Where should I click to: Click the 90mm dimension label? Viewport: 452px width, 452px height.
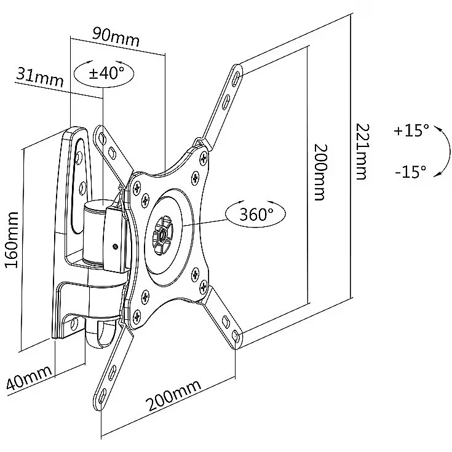click(x=116, y=37)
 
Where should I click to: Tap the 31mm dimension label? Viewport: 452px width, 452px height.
click(x=40, y=77)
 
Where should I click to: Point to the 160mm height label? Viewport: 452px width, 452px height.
click(x=12, y=240)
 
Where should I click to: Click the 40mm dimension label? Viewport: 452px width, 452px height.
click(x=30, y=378)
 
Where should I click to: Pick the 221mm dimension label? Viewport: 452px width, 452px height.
click(x=362, y=152)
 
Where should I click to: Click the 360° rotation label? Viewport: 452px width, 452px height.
click(x=256, y=213)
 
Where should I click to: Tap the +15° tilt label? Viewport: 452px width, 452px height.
click(x=411, y=130)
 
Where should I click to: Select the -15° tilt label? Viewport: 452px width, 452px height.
click(x=411, y=172)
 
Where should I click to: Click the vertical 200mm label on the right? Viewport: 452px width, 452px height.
click(x=320, y=172)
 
